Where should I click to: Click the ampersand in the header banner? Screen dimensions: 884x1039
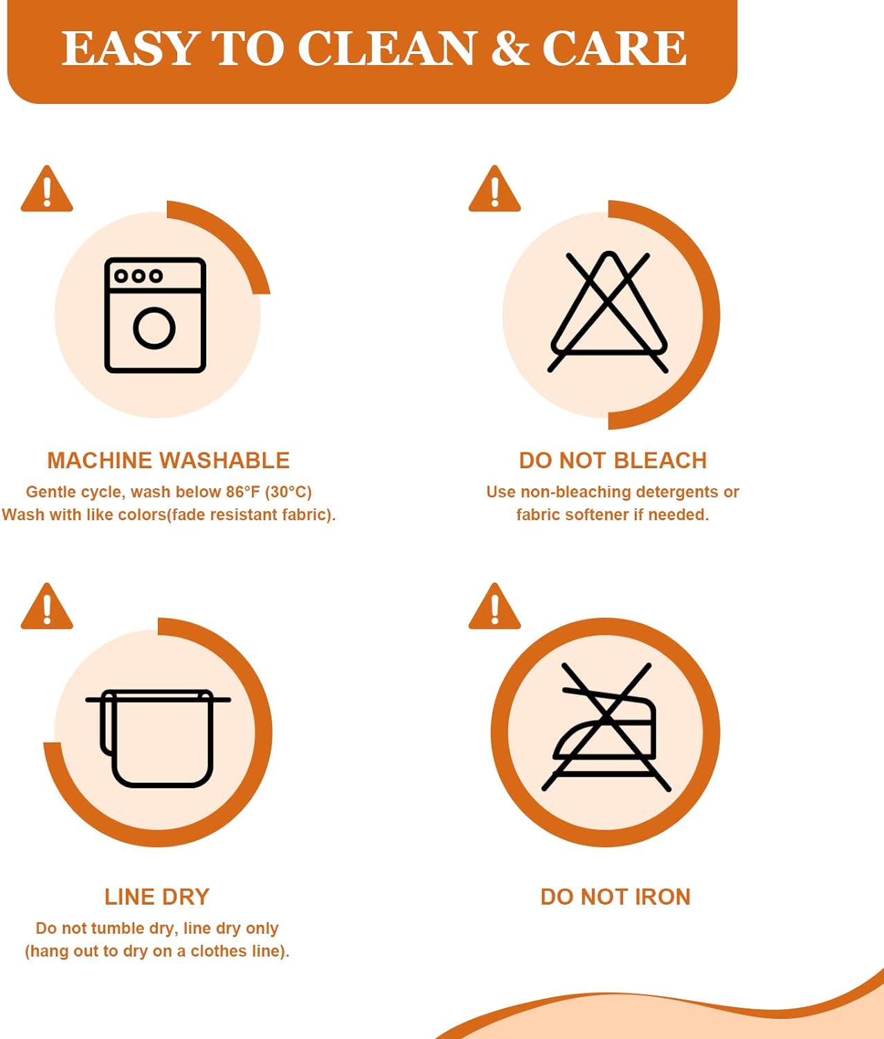tap(509, 48)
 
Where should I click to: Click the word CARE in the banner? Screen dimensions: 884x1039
tap(614, 48)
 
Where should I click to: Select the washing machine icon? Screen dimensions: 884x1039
tap(155, 315)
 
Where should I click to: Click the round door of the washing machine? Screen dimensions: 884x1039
tap(154, 328)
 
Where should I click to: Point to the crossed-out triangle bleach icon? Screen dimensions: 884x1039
tap(608, 312)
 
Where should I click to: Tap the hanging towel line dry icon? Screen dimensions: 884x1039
tap(158, 738)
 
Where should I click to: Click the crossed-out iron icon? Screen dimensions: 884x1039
tap(606, 727)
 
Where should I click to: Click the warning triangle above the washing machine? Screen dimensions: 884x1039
tap(46, 189)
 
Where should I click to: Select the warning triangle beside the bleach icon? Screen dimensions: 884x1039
tap(495, 189)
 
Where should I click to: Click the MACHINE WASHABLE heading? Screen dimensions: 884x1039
tap(168, 461)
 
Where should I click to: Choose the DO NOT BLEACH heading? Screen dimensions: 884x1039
tap(613, 461)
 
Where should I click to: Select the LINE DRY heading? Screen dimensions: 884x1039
tap(156, 897)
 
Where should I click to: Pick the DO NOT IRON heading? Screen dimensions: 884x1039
tap(615, 897)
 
